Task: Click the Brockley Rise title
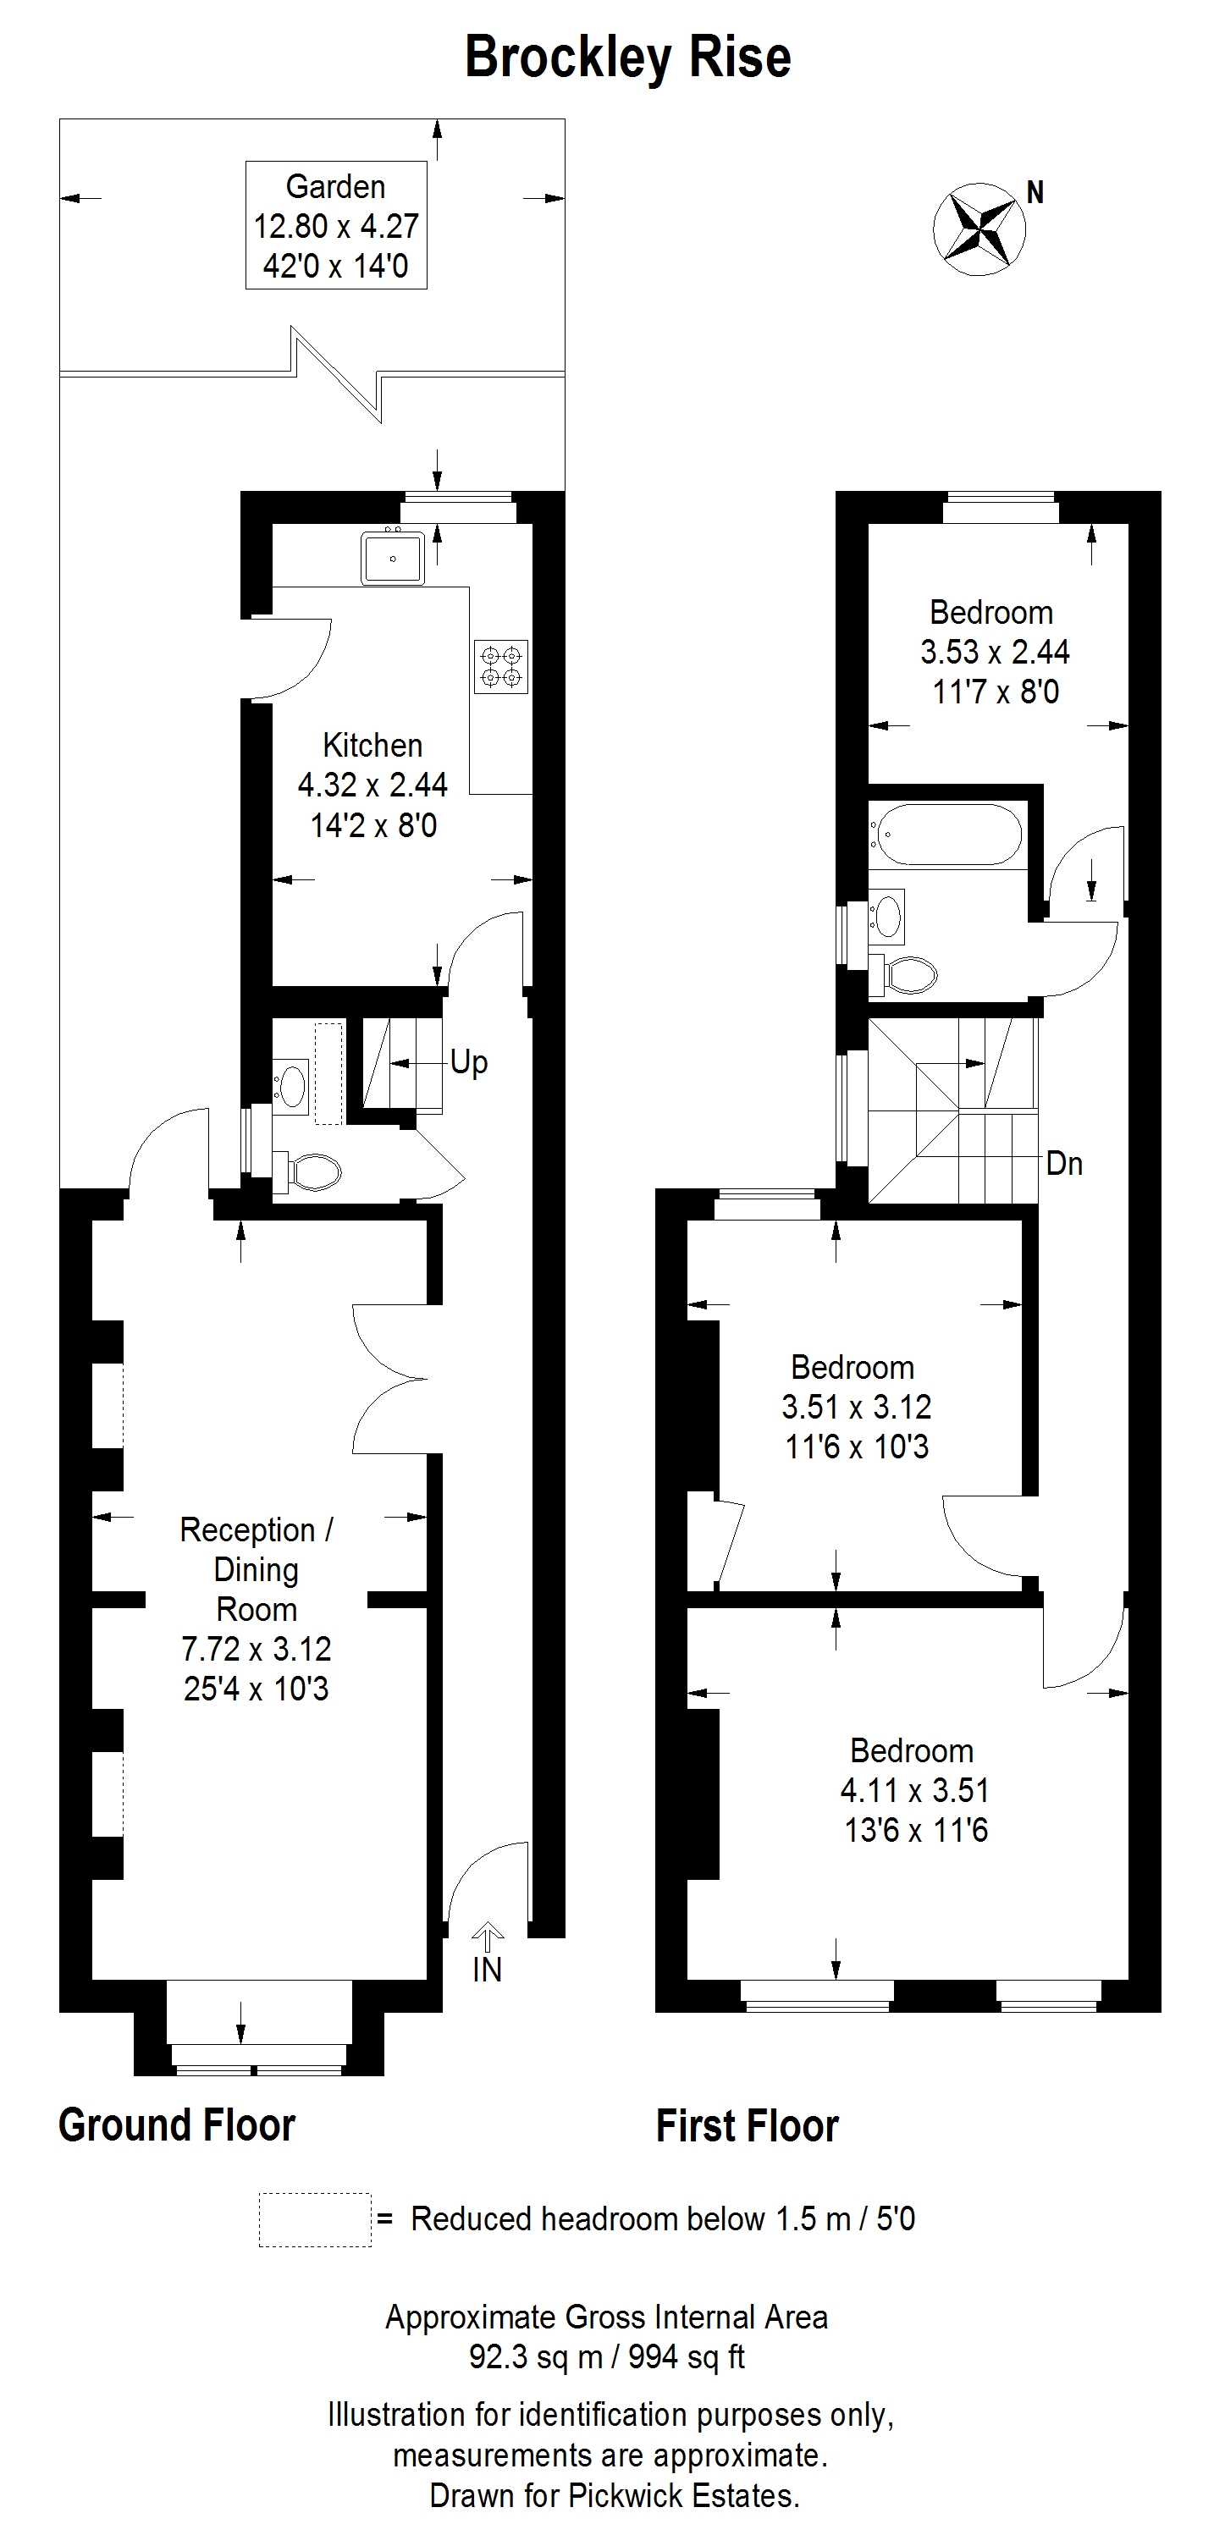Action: (x=628, y=57)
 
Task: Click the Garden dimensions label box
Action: (x=335, y=224)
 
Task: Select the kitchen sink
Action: (x=393, y=558)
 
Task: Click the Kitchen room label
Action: (x=372, y=745)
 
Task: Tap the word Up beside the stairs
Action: (x=469, y=1063)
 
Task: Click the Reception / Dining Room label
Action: (x=256, y=1568)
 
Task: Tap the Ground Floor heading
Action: (x=177, y=2124)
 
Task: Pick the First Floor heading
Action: (x=748, y=2125)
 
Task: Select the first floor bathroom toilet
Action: (x=903, y=975)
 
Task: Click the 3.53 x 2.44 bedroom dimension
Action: (x=995, y=652)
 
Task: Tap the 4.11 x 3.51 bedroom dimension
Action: (x=915, y=1790)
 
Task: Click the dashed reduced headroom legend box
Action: (x=315, y=2220)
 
